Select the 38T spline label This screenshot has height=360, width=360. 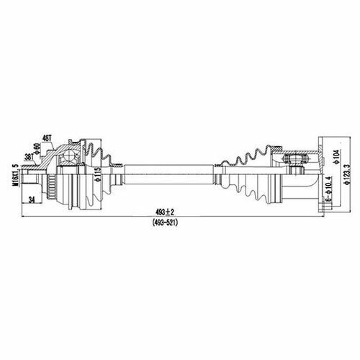click(x=29, y=157)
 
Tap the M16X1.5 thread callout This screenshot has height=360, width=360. click(x=16, y=175)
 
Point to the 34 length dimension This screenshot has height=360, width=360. click(x=32, y=199)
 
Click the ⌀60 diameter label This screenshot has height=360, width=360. click(x=37, y=149)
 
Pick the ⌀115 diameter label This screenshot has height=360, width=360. click(x=98, y=174)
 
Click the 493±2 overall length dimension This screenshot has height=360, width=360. click(x=165, y=212)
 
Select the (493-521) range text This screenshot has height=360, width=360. click(x=165, y=223)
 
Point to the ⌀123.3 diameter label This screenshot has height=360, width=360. click(x=347, y=174)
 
